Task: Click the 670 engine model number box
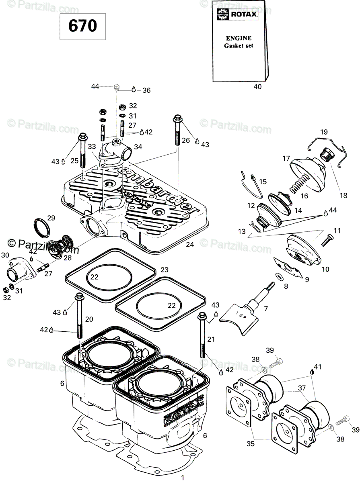(x=82, y=26)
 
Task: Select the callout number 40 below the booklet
(x=257, y=86)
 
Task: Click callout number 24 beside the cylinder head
(x=190, y=244)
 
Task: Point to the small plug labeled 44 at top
(x=117, y=87)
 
